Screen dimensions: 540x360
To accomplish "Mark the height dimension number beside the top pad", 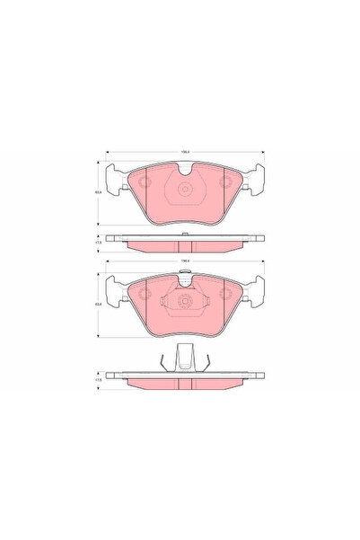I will [x=99, y=190].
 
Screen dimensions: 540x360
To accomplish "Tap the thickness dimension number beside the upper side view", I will [x=99, y=241].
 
